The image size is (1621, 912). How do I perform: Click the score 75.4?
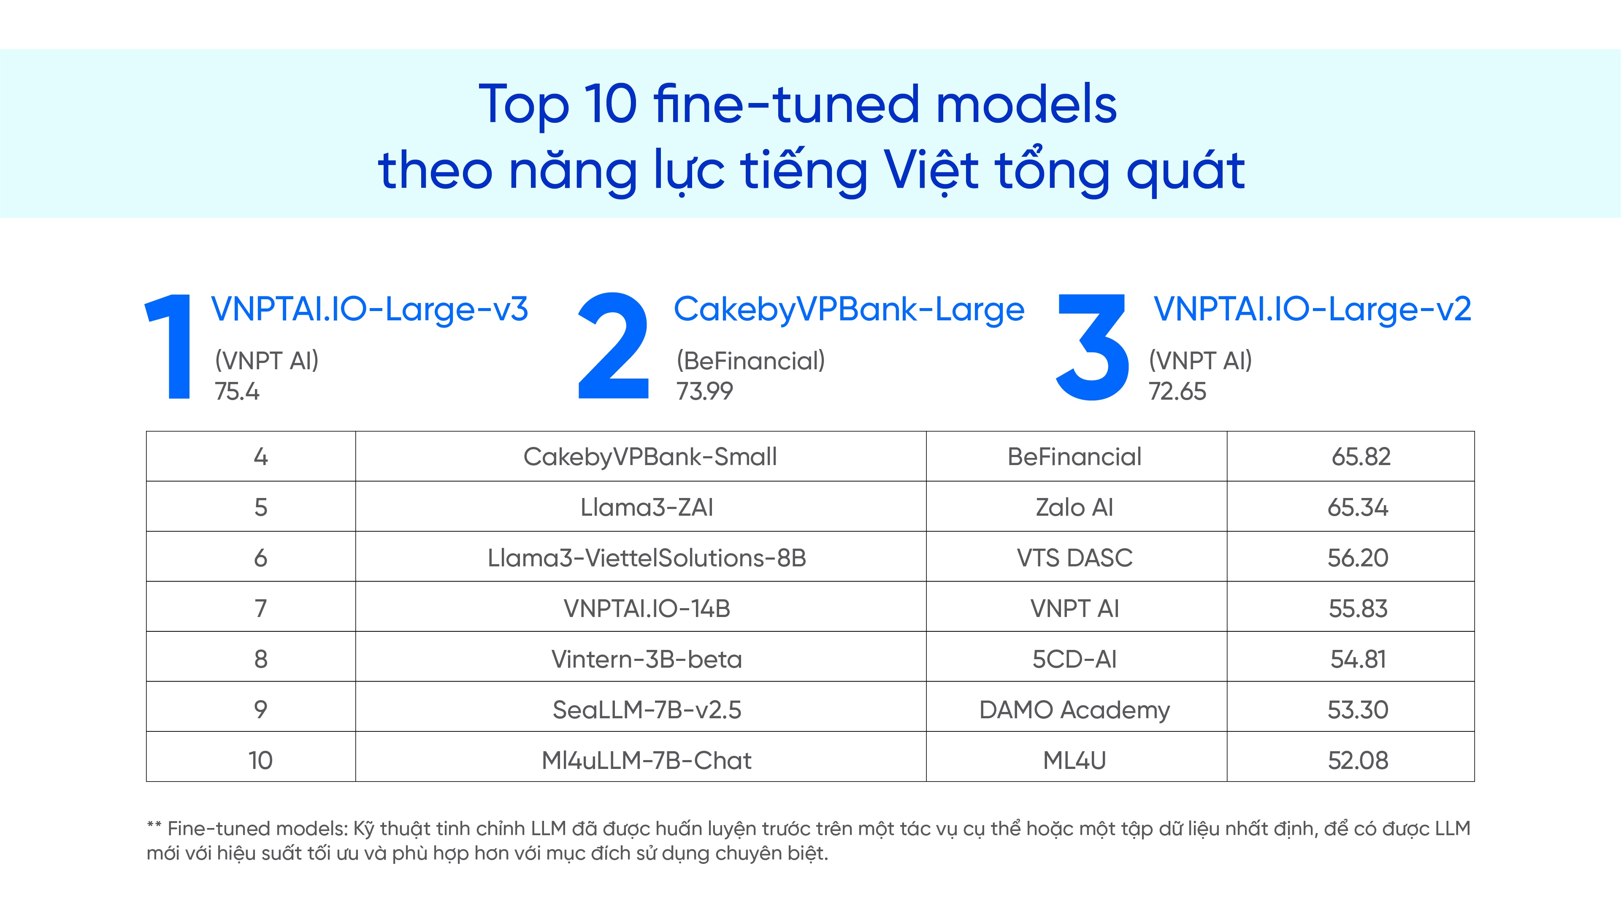tap(237, 392)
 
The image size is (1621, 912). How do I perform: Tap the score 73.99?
tap(705, 392)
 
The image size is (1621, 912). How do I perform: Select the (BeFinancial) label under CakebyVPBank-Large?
tap(750, 361)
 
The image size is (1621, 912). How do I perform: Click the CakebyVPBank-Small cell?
tap(650, 456)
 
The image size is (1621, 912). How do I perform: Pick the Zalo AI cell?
tap(1075, 507)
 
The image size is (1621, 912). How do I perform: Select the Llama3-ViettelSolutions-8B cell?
tap(647, 557)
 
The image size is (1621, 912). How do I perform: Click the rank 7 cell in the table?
tap(260, 609)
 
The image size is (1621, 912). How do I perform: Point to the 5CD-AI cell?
tap(1075, 659)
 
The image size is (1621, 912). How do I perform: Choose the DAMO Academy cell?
tap(1075, 710)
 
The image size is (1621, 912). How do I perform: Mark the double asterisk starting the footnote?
tap(154, 826)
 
